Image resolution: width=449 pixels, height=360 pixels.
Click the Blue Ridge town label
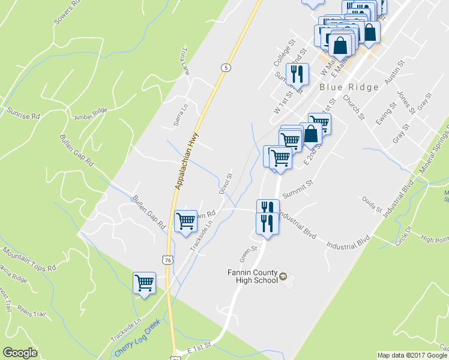click(x=349, y=87)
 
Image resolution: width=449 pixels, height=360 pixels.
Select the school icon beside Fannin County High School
click(x=284, y=276)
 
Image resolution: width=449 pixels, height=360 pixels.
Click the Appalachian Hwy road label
click(x=187, y=161)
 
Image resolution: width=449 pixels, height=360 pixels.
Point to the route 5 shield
click(x=224, y=67)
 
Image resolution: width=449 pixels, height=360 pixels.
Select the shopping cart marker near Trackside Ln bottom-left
click(x=144, y=283)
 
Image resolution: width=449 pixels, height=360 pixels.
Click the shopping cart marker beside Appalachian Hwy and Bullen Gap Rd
click(x=185, y=221)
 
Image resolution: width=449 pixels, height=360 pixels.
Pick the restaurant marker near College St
click(x=297, y=74)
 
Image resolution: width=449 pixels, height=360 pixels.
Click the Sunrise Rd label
click(x=23, y=113)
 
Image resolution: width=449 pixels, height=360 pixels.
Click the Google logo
click(x=20, y=353)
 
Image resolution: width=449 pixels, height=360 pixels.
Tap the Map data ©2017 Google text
click(x=412, y=355)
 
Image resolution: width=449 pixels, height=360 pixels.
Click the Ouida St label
click(x=371, y=204)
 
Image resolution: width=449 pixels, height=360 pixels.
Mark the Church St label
click(x=354, y=107)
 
